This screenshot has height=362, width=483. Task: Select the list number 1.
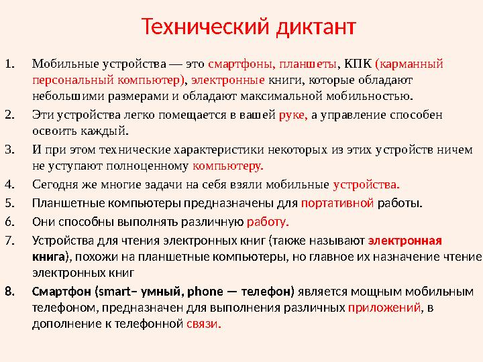(9, 65)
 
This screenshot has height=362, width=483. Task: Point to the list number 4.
(9, 184)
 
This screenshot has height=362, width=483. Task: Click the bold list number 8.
(9, 292)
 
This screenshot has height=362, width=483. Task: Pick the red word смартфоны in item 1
(238, 65)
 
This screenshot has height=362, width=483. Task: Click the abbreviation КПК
(356, 65)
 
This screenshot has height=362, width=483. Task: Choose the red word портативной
(337, 203)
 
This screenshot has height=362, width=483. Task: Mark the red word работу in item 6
(268, 222)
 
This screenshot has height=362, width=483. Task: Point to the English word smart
(113, 292)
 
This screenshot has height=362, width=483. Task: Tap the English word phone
(206, 292)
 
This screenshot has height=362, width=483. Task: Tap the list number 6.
(9, 222)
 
